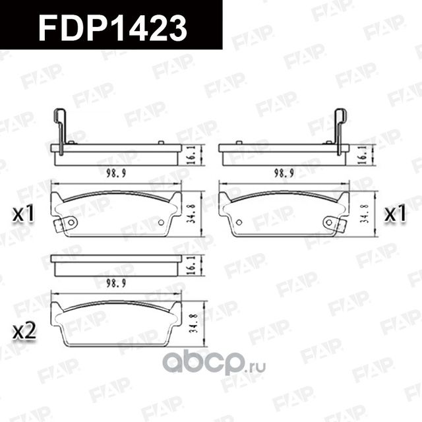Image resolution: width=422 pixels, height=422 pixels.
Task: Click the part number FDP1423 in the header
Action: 112,28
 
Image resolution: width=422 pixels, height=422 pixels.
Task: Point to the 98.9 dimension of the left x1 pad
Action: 116,173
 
